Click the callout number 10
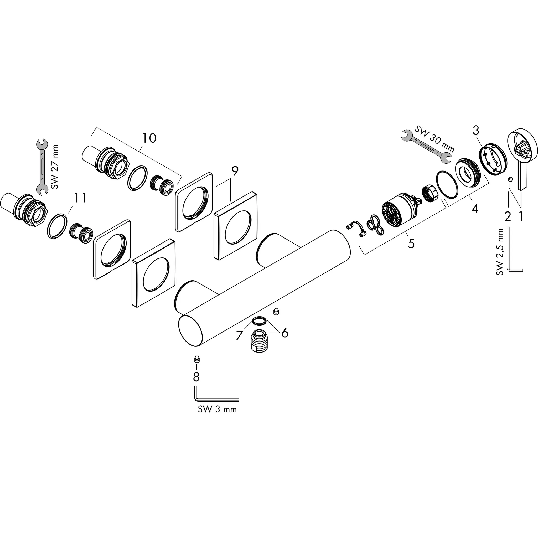[x=149, y=138]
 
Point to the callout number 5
[x=411, y=243]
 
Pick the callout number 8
[x=196, y=377]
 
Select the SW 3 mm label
[x=217, y=410]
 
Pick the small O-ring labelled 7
[x=259, y=321]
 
